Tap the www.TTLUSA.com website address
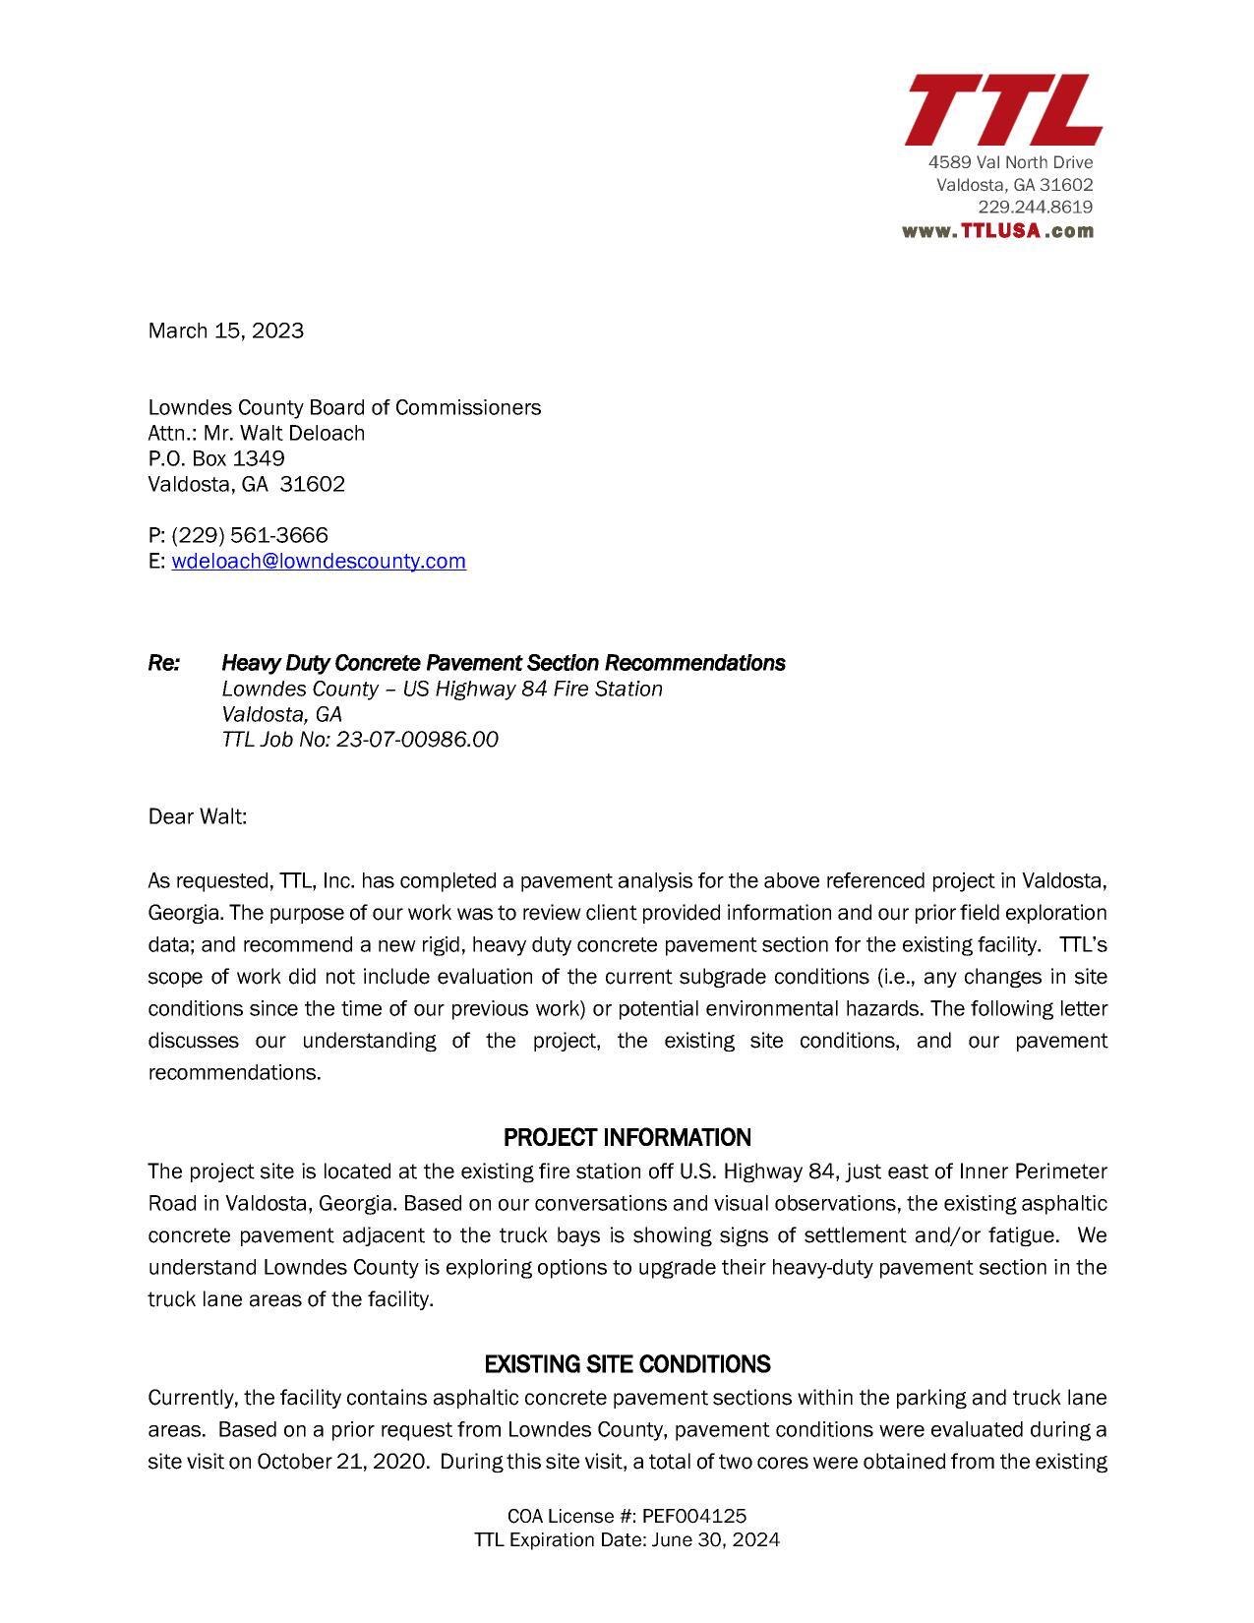coord(997,231)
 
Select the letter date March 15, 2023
coord(225,331)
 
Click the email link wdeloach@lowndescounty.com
coord(318,561)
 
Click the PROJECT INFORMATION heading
coord(627,1138)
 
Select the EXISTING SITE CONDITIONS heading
coord(627,1364)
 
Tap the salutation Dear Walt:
coord(198,816)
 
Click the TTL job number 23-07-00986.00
coord(417,740)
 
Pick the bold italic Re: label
coord(164,663)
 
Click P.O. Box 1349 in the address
coord(216,458)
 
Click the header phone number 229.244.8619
coord(1035,208)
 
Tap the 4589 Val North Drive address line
coord(1010,162)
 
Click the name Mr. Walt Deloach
coord(284,433)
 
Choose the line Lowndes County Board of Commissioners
coord(344,407)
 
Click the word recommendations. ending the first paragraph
coord(234,1072)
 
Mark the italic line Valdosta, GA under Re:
coord(281,714)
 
